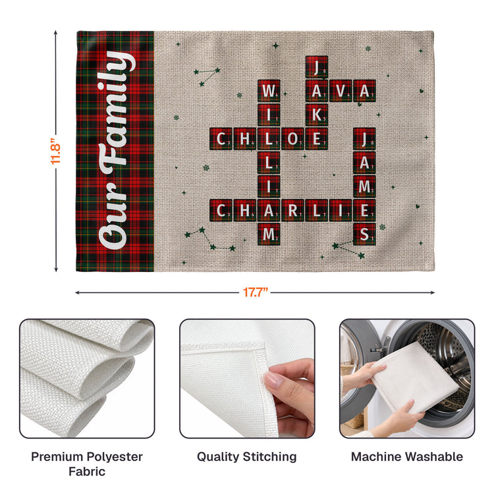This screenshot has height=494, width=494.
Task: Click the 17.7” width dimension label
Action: click(255, 292)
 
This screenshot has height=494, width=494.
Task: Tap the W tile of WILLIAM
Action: click(269, 91)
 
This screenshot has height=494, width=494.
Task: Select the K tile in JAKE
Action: click(317, 115)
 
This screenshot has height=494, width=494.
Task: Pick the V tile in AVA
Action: click(341, 91)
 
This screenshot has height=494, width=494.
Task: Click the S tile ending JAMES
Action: click(364, 234)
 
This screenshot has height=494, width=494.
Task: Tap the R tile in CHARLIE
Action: click(292, 210)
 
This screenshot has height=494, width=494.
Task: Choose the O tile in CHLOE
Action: click(292, 138)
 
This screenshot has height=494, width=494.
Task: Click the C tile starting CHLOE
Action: click(221, 138)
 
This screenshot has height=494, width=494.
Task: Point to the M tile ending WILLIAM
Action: click(269, 234)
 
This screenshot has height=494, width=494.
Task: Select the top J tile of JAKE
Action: click(317, 67)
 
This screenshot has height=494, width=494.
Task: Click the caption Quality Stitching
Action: click(247, 456)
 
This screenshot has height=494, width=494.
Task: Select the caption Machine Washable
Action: click(407, 456)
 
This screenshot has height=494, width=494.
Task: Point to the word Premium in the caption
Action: click(57, 456)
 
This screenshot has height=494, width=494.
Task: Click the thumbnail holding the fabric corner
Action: click(247, 378)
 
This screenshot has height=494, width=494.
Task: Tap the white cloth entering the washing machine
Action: click(415, 377)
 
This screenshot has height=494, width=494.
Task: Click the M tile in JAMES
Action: click(364, 186)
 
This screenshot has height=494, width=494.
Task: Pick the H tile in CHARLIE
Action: click(245, 210)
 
